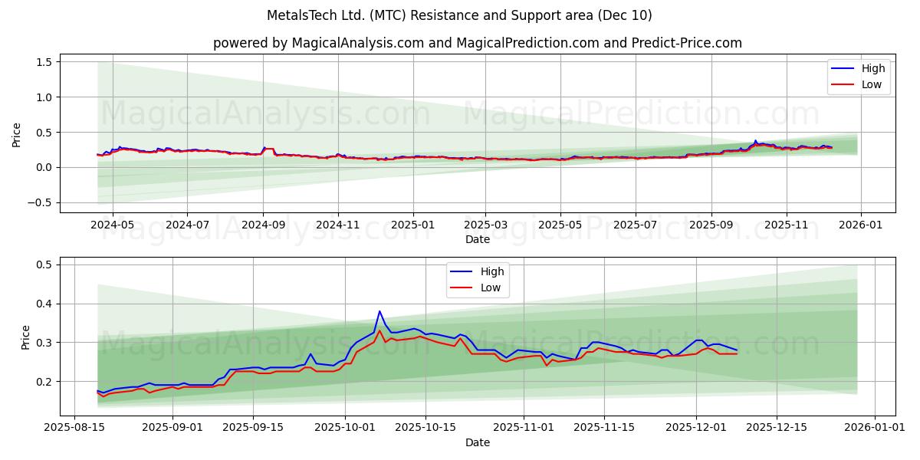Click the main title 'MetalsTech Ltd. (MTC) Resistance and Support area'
tap(459, 15)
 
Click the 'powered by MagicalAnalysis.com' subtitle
tap(477, 43)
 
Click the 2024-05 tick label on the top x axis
tap(113, 226)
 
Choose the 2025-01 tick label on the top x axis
tap(413, 226)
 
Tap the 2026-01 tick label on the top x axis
tap(861, 226)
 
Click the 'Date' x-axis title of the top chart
tap(477, 239)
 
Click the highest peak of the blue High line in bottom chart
tap(379, 311)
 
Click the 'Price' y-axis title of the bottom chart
tap(26, 337)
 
